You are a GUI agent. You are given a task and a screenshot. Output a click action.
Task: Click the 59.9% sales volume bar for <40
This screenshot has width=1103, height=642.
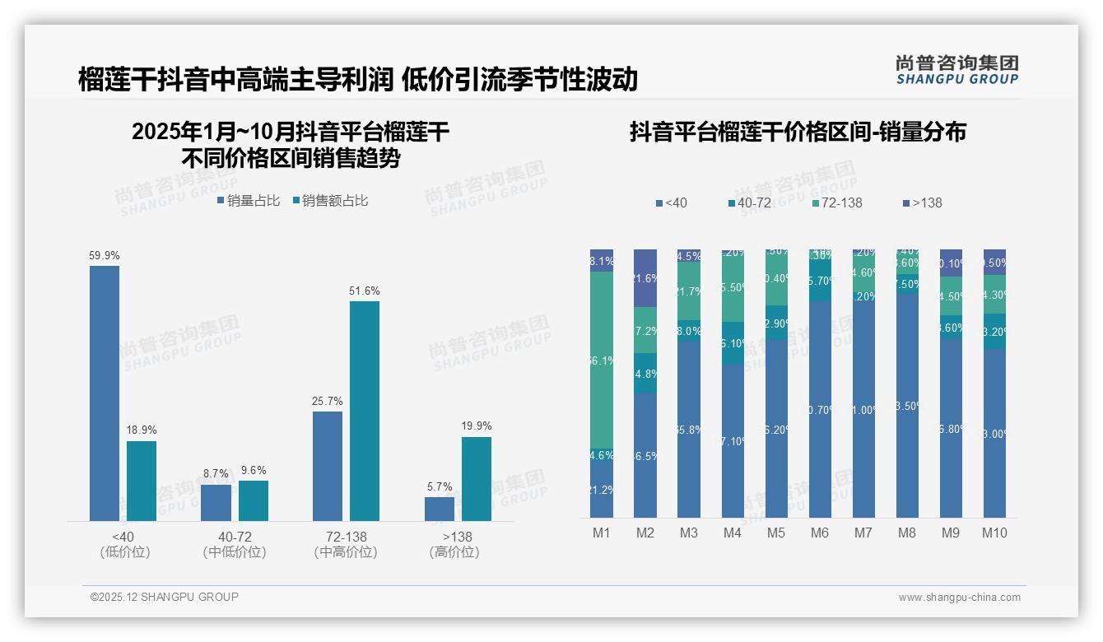tap(105, 393)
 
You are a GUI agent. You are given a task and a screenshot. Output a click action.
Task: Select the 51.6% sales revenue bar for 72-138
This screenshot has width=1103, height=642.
tap(365, 411)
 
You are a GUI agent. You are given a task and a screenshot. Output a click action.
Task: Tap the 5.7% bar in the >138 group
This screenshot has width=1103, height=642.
tap(440, 509)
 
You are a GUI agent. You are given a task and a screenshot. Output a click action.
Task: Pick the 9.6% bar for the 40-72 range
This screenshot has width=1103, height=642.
tap(254, 500)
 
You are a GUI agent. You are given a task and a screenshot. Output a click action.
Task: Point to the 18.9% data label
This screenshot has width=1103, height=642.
tap(142, 430)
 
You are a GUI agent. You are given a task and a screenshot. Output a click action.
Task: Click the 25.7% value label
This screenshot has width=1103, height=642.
tap(328, 401)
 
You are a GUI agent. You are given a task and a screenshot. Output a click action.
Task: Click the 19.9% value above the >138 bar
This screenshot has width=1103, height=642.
tap(477, 426)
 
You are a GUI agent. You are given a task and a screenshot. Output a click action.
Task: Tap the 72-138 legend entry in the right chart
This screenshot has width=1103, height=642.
tap(836, 202)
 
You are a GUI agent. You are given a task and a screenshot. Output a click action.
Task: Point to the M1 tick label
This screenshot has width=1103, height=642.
tap(602, 533)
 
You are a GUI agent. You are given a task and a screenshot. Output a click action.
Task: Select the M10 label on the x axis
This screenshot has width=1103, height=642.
tap(994, 533)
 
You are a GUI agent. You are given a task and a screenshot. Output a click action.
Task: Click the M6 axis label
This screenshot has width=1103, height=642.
tap(820, 533)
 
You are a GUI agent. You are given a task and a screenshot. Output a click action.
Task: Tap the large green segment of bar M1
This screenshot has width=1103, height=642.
tap(602, 360)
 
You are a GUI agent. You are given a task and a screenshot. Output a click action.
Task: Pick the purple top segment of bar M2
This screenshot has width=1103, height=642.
tap(645, 278)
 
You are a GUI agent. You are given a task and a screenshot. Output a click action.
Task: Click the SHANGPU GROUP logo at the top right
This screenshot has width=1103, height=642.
tap(956, 70)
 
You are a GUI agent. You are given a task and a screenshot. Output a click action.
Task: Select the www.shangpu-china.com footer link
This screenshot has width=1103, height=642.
tap(959, 598)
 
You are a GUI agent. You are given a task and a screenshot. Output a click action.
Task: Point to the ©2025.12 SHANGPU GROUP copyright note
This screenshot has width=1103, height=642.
tap(165, 597)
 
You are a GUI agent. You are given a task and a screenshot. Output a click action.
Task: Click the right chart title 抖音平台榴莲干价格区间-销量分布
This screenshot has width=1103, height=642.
tap(798, 132)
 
